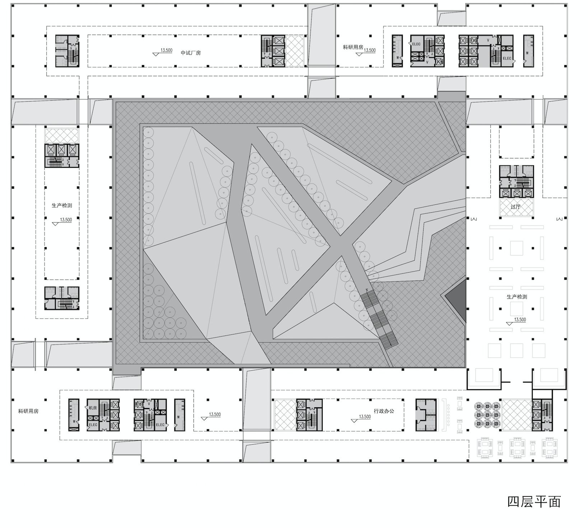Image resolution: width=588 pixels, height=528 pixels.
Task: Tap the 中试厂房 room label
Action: click(191, 53)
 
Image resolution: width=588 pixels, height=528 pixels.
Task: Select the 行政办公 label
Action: click(384, 411)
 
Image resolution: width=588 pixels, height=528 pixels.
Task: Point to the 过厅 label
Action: click(515, 207)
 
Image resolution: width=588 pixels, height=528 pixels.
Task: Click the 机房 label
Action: click(93, 408)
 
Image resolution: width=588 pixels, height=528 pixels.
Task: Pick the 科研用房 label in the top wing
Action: click(353, 47)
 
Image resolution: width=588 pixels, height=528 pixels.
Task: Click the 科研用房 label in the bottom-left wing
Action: click(28, 411)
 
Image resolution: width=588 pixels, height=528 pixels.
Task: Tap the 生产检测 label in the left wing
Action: click(62, 205)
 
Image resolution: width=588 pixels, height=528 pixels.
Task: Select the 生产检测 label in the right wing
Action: click(517, 297)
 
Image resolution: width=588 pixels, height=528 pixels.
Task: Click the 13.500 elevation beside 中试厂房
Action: click(166, 50)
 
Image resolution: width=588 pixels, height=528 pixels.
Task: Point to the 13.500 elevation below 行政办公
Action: click(365, 417)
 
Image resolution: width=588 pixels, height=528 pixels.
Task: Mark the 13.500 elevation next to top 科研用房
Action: click(369, 50)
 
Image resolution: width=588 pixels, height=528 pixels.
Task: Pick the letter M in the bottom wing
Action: click(178, 417)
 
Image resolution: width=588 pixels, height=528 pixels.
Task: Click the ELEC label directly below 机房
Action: click(93, 425)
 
